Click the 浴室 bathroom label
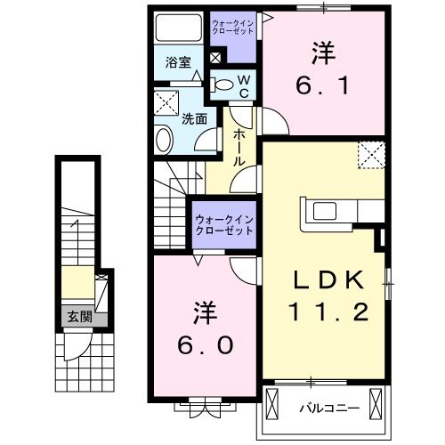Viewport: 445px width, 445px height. point(179,62)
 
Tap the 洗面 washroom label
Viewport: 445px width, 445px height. point(195,117)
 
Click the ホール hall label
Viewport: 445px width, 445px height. point(239,148)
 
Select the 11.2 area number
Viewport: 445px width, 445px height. point(329,311)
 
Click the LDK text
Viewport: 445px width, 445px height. point(329,279)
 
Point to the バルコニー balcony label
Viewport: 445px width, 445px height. point(328,409)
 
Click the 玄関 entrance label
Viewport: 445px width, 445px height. point(72,315)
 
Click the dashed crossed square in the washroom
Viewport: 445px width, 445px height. point(165,101)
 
